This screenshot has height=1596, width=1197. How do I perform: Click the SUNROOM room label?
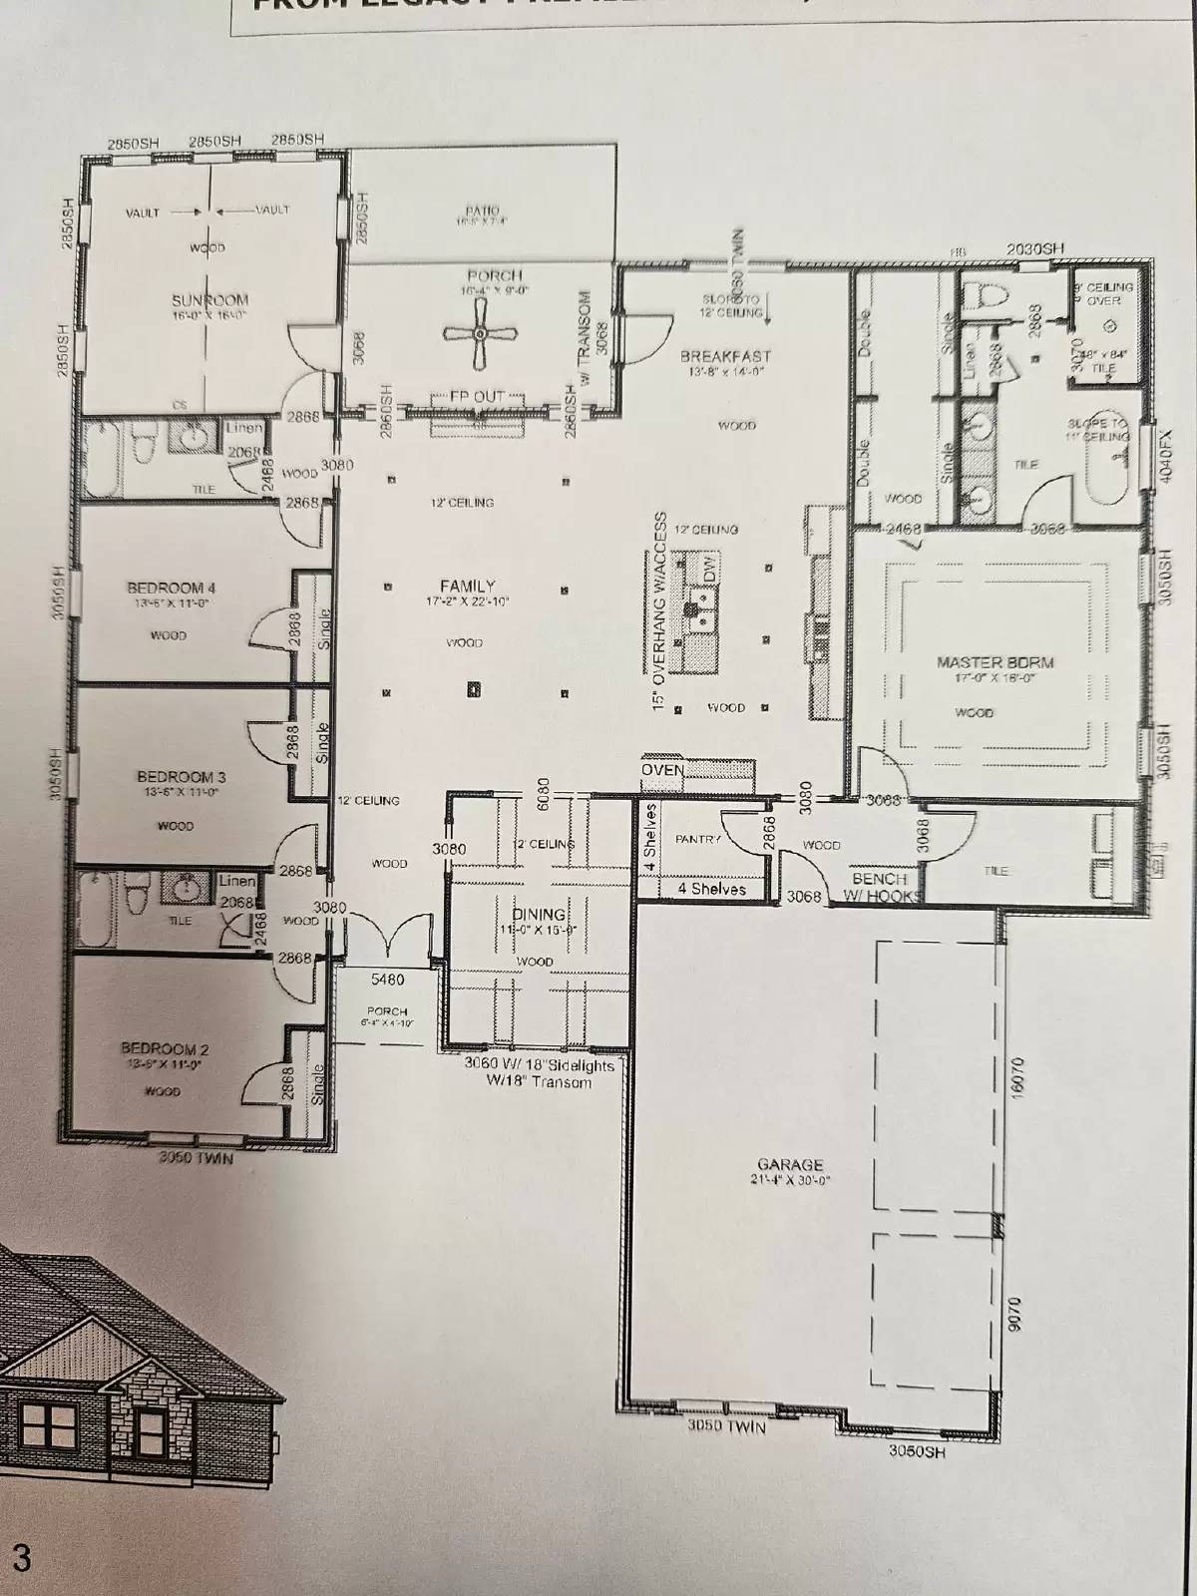[x=209, y=300]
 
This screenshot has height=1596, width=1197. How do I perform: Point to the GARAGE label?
[x=790, y=1164]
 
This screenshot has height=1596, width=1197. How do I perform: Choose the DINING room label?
[x=539, y=914]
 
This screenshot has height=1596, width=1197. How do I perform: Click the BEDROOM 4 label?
[x=172, y=588]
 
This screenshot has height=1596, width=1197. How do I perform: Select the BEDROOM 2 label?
[x=165, y=1048]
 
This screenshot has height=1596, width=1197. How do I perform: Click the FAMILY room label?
[x=468, y=587]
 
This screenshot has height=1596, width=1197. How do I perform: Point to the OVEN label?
[x=662, y=770]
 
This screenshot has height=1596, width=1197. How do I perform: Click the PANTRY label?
[x=697, y=840]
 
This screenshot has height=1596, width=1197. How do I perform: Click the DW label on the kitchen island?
[x=709, y=570]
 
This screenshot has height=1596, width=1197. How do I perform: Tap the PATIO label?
[x=482, y=210]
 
